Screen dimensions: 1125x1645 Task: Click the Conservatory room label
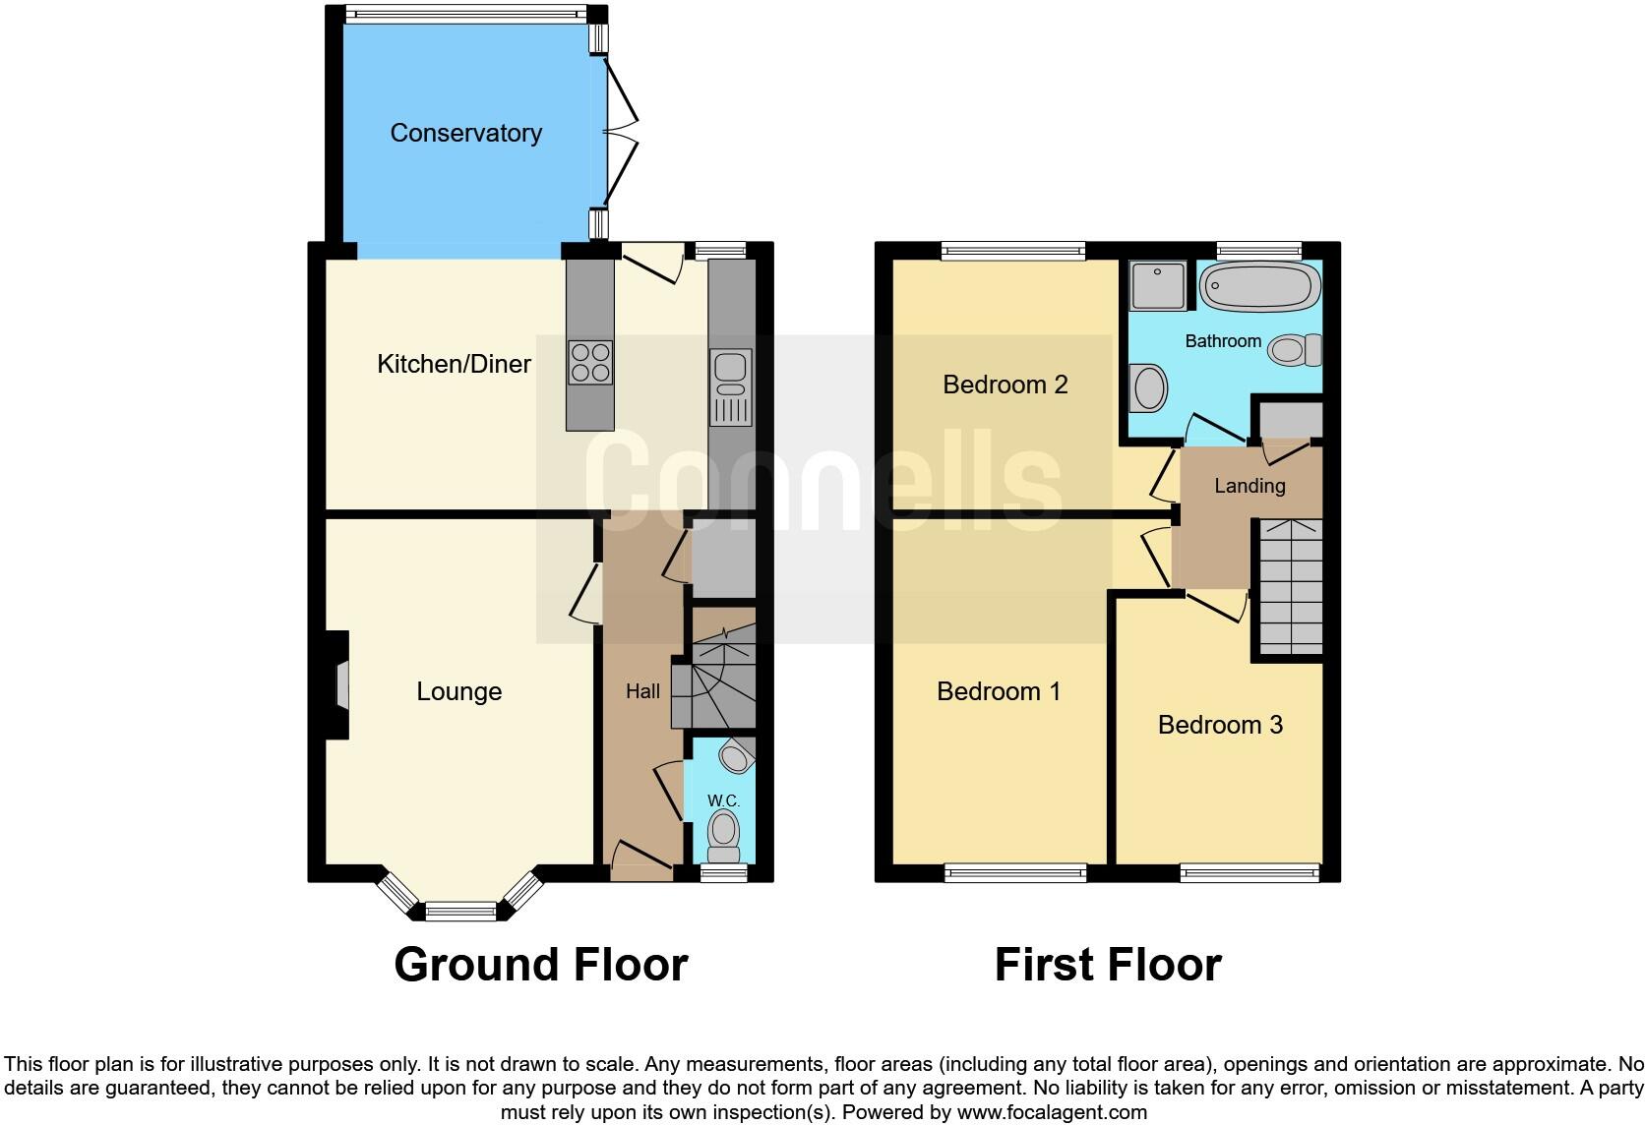[465, 133]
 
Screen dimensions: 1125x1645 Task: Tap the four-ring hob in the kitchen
[590, 362]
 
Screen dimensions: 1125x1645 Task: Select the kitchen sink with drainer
[731, 387]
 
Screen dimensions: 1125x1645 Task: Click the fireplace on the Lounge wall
[339, 684]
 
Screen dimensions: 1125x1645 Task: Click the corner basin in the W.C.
[735, 757]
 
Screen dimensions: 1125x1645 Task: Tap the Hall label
[643, 691]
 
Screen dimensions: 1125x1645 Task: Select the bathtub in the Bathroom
[1259, 287]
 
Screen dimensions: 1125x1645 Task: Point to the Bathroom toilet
[1294, 349]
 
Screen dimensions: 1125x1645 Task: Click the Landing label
[1249, 486]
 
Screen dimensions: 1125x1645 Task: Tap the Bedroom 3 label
[1220, 725]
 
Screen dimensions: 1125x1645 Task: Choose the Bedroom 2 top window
[1013, 251]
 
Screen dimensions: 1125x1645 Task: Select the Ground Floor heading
[540, 965]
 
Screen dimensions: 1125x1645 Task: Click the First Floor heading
[1108, 965]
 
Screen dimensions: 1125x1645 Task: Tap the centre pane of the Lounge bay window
[460, 911]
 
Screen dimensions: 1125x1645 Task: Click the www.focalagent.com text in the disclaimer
[1052, 1112]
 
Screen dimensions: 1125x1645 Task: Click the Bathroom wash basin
[1148, 387]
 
